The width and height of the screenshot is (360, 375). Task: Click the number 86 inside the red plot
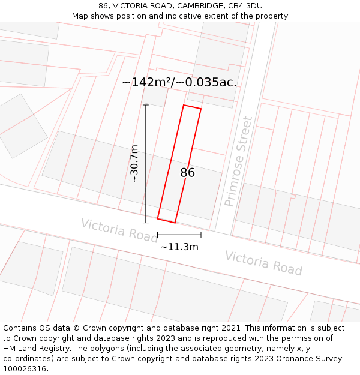tap(187, 173)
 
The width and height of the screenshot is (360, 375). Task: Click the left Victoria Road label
tap(119, 230)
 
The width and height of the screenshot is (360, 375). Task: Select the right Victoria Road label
tap(263, 263)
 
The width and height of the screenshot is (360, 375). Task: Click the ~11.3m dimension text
tap(179, 246)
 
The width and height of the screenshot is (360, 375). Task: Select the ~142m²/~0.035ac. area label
tap(179, 82)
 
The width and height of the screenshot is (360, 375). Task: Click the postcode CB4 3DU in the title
tap(245, 6)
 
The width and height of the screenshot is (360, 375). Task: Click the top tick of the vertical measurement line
tap(146, 105)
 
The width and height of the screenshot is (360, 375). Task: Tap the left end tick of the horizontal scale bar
tap(158, 235)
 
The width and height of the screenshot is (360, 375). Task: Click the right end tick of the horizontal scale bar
tap(201, 235)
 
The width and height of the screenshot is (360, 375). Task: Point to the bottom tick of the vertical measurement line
tap(146, 223)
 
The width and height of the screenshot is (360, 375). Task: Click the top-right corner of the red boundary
tap(201, 109)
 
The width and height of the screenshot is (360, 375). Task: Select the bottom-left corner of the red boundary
tap(158, 218)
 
